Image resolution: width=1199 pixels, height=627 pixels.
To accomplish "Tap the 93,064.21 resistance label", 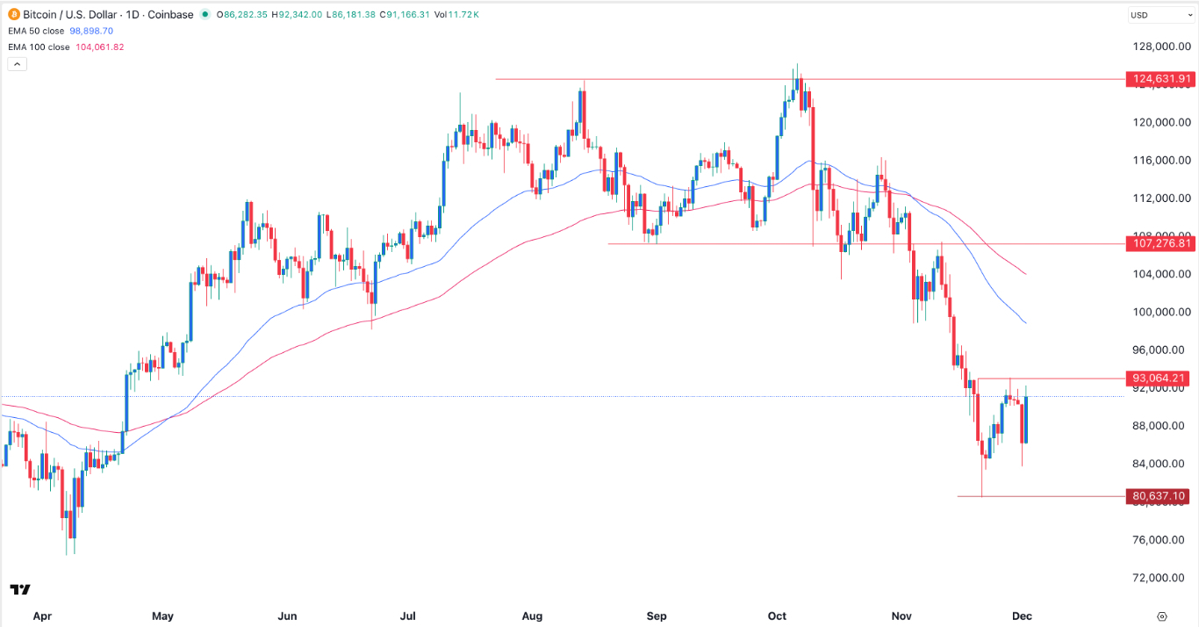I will (x=1160, y=378).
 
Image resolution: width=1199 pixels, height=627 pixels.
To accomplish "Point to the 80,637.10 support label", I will (x=1160, y=496).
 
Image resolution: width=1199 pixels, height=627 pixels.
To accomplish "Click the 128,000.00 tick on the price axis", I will (x=1160, y=47).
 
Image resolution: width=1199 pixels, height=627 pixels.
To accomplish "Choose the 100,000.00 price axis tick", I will (x=1160, y=312).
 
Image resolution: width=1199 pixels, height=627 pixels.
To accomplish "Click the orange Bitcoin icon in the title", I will (x=12, y=14).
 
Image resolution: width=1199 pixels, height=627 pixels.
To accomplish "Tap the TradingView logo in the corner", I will (x=20, y=589).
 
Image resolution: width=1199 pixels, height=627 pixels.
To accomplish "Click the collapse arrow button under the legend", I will (x=17, y=64).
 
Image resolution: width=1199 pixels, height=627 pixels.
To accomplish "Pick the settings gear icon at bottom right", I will (x=1162, y=616).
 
